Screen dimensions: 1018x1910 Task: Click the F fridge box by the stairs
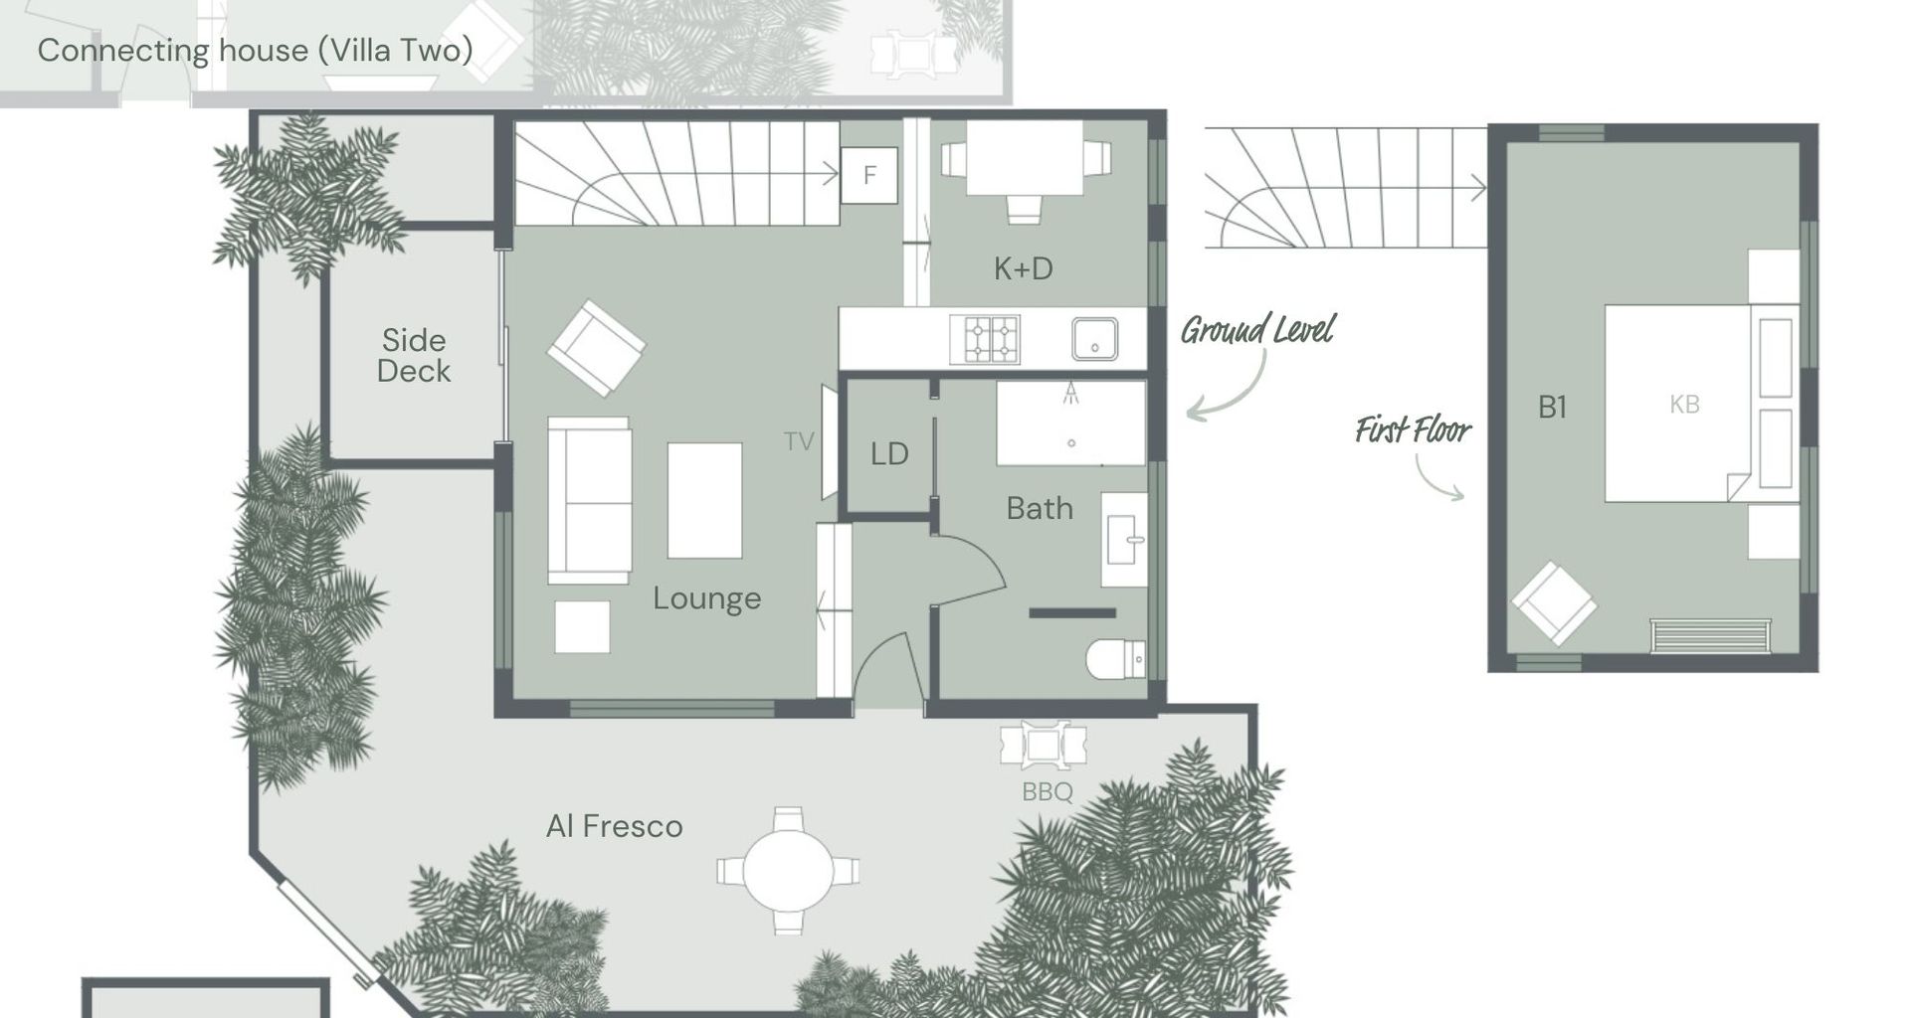(x=869, y=176)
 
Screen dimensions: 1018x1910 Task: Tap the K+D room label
(x=1023, y=268)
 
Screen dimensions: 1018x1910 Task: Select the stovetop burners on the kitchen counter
(x=984, y=339)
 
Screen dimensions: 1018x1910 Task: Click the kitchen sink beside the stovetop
(x=1094, y=339)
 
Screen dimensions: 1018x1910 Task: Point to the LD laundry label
(x=889, y=454)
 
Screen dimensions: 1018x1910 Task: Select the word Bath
(x=1040, y=509)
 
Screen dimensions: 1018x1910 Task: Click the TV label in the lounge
(x=798, y=441)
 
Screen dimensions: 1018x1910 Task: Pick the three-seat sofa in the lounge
(x=589, y=500)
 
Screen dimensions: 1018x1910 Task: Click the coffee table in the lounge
(x=704, y=500)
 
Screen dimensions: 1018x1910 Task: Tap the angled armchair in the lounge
(x=596, y=348)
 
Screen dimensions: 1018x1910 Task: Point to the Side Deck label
(x=414, y=356)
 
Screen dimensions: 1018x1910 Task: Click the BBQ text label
(x=1048, y=792)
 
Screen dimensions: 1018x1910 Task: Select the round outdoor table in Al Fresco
(x=788, y=871)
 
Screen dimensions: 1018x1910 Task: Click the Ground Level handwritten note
(x=1257, y=330)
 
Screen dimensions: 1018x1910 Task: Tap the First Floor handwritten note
(x=1413, y=430)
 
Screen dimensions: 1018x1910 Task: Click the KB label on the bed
(x=1684, y=405)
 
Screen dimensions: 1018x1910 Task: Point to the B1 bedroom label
(x=1552, y=407)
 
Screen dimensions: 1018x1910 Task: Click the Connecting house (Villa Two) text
(x=255, y=51)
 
